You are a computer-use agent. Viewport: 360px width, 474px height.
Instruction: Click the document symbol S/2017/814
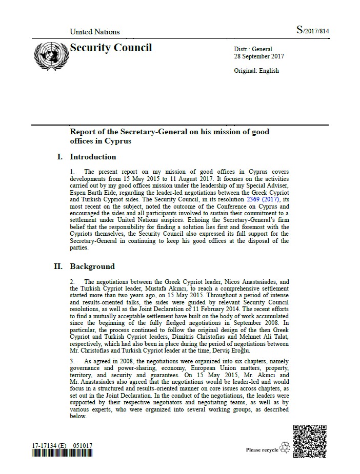click(x=312, y=31)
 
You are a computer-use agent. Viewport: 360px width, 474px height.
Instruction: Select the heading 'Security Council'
click(x=111, y=48)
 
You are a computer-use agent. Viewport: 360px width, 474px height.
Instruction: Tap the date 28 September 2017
click(x=258, y=56)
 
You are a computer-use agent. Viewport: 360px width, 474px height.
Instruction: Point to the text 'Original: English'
click(x=256, y=71)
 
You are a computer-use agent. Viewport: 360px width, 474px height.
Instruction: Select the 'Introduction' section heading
click(x=93, y=157)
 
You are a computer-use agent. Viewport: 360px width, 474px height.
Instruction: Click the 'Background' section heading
click(x=92, y=266)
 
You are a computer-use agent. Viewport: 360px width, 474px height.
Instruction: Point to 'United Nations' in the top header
click(x=94, y=32)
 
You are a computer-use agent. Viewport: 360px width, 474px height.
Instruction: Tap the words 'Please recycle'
click(x=262, y=450)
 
